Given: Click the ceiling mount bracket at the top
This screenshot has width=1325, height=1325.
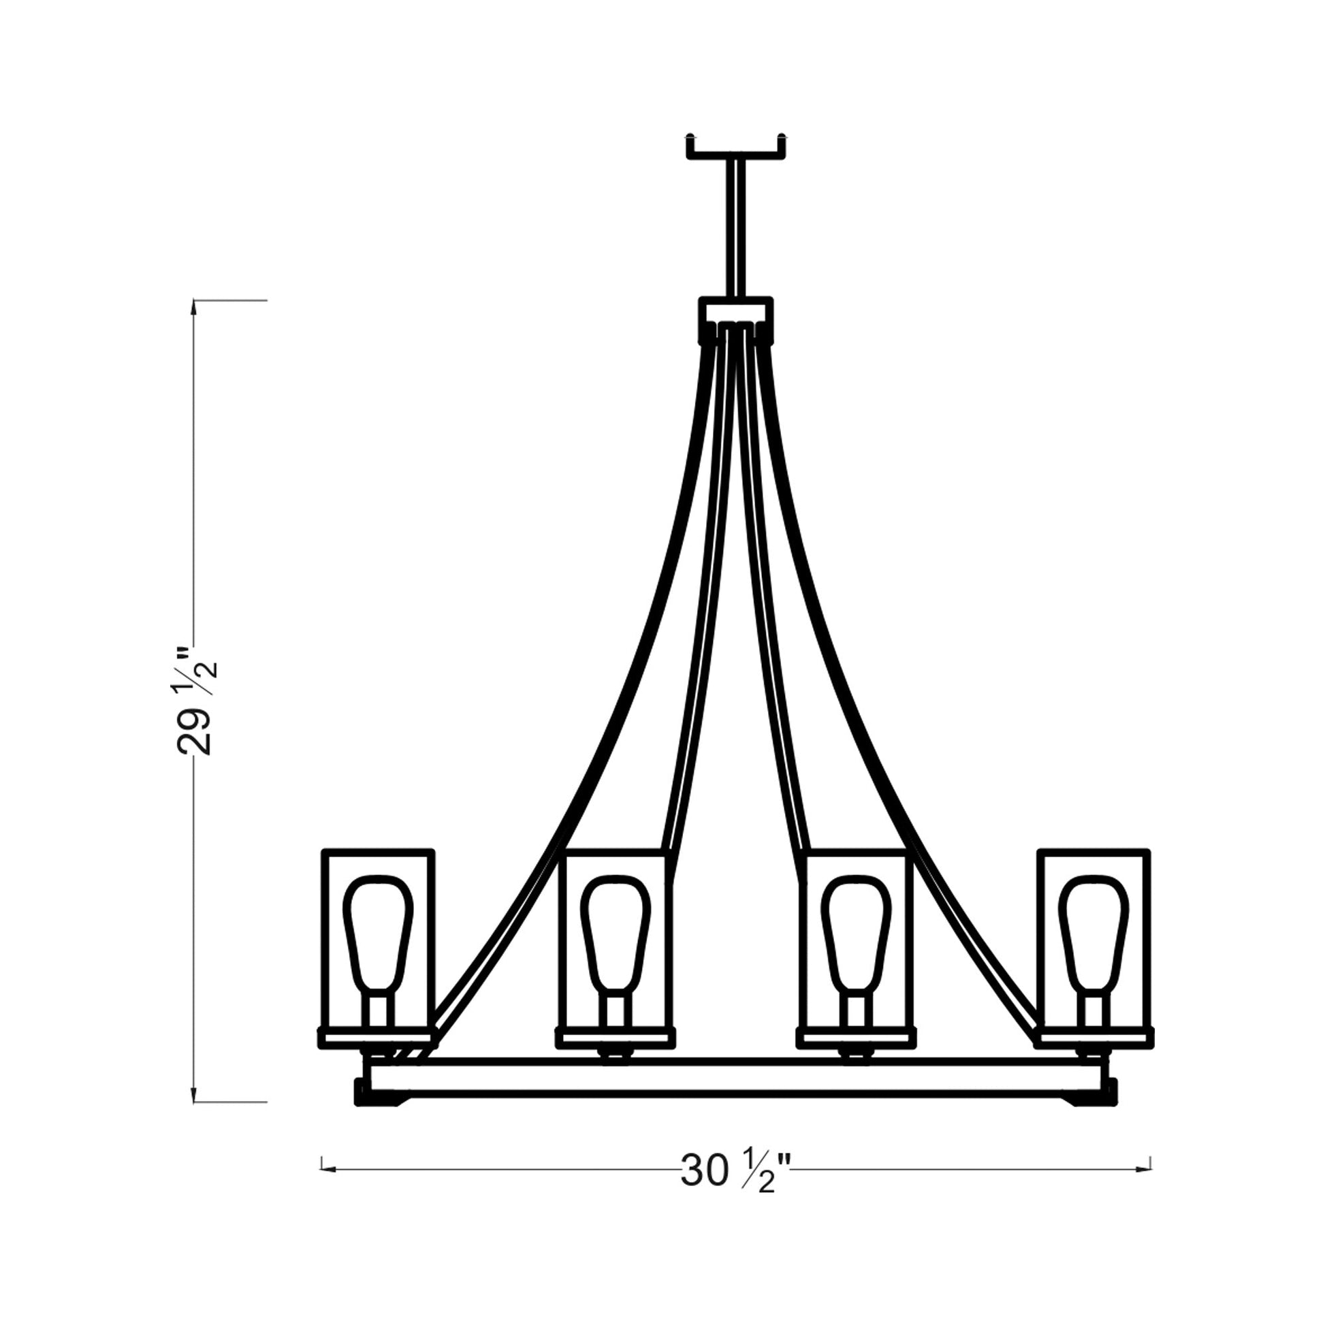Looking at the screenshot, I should click(736, 152).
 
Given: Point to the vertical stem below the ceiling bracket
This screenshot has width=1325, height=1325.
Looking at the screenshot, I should click(736, 226).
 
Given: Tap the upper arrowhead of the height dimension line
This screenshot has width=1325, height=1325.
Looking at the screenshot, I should click(195, 308).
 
